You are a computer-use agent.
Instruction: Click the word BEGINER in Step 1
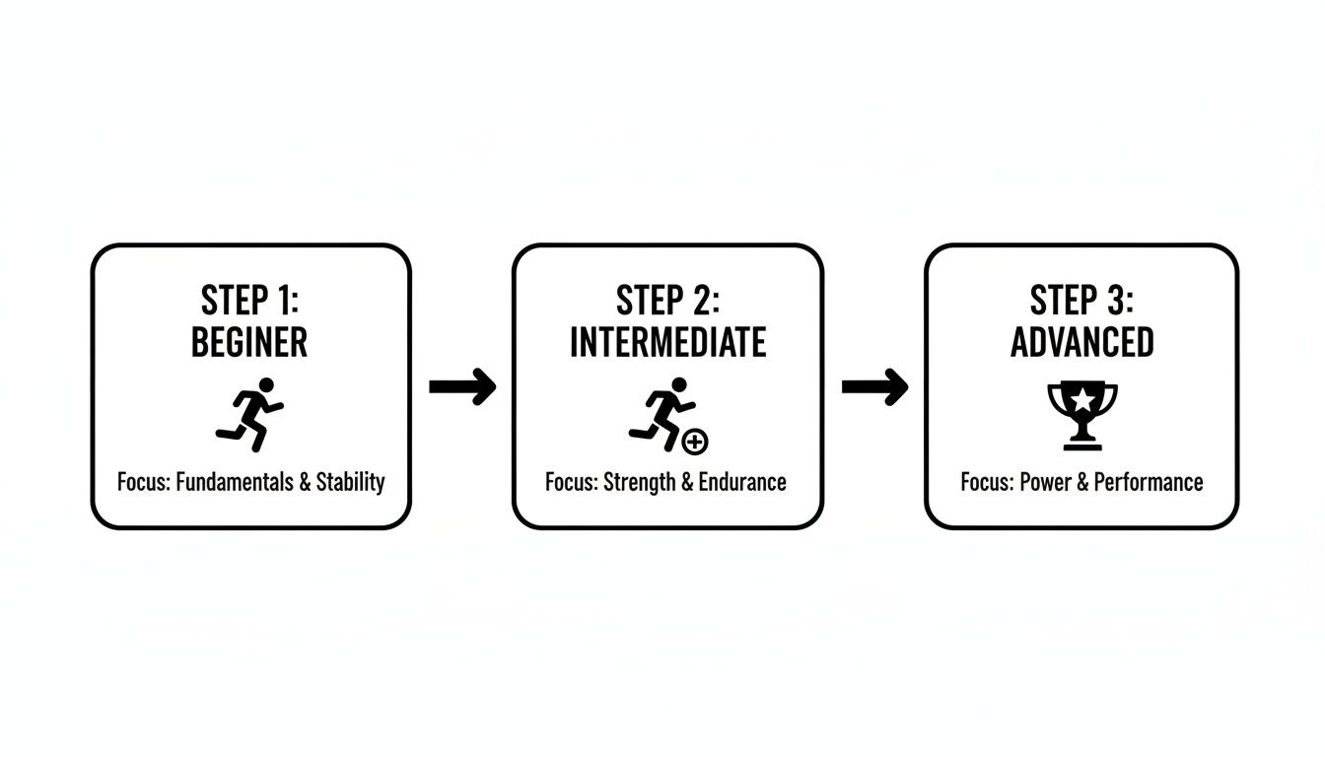click(249, 342)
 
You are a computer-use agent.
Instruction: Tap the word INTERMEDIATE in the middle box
click(667, 342)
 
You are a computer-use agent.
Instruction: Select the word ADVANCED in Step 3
click(1081, 342)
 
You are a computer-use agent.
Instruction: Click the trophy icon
click(1082, 415)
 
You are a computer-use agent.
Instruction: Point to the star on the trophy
click(1082, 400)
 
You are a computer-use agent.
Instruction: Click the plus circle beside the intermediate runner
click(695, 442)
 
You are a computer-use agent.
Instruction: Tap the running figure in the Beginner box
click(249, 415)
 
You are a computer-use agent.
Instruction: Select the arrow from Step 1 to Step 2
click(462, 386)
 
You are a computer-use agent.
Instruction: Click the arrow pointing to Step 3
click(874, 386)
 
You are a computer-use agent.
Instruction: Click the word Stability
click(350, 483)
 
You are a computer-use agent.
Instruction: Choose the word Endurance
click(742, 482)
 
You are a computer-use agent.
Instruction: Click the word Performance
click(1149, 482)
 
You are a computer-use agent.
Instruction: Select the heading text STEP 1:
click(249, 301)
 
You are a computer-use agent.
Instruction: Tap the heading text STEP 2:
click(667, 301)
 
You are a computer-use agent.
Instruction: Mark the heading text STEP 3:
click(1081, 301)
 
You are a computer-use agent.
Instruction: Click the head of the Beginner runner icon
click(267, 385)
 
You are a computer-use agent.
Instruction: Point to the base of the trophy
click(1082, 445)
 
